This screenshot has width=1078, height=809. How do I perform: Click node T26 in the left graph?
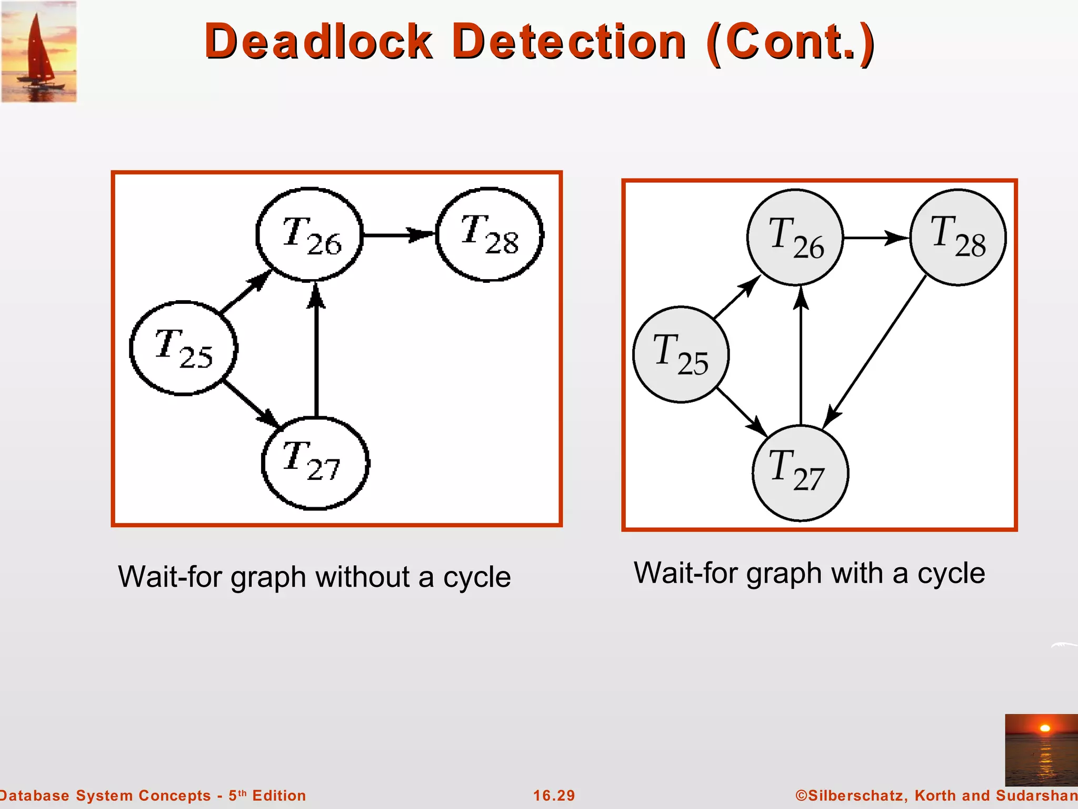tap(310, 235)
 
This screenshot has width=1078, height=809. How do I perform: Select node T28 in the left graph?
tap(490, 234)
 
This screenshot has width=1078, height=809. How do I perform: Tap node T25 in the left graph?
tap(183, 348)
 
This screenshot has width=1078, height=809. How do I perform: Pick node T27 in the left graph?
tap(315, 463)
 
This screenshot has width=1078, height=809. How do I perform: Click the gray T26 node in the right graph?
tap(795, 238)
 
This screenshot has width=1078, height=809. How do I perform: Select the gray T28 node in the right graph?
tap(958, 238)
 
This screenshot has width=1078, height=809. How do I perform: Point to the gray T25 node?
tap(681, 354)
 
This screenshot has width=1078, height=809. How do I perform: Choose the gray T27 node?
tap(800, 472)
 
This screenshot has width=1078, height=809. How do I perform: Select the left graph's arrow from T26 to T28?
tap(399, 234)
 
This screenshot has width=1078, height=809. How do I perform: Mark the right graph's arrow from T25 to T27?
tap(742, 412)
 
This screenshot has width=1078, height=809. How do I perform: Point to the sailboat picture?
tap(39, 52)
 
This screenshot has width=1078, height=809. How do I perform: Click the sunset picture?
tap(1041, 749)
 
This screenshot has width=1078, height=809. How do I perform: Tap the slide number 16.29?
tap(554, 795)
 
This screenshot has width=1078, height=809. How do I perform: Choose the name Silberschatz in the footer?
tap(856, 795)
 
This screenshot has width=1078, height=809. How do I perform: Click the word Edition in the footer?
tap(279, 795)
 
